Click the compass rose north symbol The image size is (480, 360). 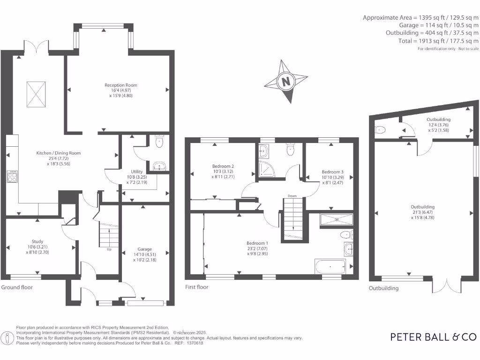click(x=285, y=82)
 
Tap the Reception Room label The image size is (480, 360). click(x=121, y=85)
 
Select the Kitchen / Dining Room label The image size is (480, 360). click(x=59, y=153)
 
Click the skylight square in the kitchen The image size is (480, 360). click(x=36, y=90)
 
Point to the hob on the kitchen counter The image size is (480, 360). click(x=12, y=176)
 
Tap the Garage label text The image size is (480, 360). click(x=144, y=249)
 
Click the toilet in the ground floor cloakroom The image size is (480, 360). click(x=159, y=141)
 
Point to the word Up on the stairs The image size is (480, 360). click(x=110, y=249)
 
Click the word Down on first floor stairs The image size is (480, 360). click(x=292, y=196)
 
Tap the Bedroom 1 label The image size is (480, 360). click(x=257, y=243)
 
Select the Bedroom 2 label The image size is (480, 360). click(x=223, y=166)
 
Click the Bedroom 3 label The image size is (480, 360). click(x=332, y=172)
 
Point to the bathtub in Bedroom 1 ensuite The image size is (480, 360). click(x=331, y=267)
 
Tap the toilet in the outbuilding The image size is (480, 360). click(x=380, y=129)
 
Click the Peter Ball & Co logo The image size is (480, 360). click(x=434, y=337)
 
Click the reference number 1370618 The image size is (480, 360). click(x=195, y=343)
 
